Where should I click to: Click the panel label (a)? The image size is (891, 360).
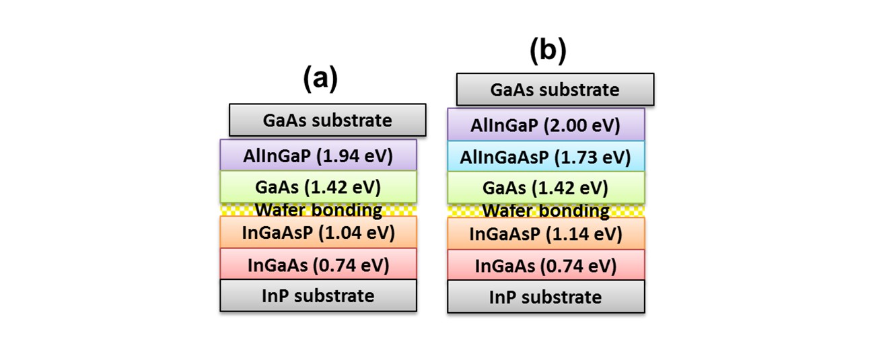point(320,78)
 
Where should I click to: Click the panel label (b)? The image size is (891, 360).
point(548,50)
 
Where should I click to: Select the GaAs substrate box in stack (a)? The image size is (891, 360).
point(327,120)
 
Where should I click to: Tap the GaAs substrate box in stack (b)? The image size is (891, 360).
point(555,89)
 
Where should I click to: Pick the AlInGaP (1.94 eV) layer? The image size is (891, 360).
point(318,155)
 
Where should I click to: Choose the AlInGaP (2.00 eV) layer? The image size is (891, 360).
point(546,124)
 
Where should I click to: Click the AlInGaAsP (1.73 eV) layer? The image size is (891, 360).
point(546,156)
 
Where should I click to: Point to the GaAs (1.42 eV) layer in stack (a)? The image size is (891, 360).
point(318,187)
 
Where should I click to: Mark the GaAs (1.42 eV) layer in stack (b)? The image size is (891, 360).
point(546,188)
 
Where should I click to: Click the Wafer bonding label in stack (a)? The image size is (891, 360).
point(318,210)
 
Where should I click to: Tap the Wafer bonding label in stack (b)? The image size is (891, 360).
point(546,211)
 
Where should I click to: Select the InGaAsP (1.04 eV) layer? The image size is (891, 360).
point(318,232)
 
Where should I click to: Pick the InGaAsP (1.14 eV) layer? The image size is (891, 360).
point(546,233)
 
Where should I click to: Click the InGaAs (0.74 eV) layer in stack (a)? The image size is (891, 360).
point(318,264)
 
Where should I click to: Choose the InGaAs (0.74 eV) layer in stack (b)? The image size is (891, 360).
point(546,265)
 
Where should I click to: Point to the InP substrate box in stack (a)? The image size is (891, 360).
point(318,295)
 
